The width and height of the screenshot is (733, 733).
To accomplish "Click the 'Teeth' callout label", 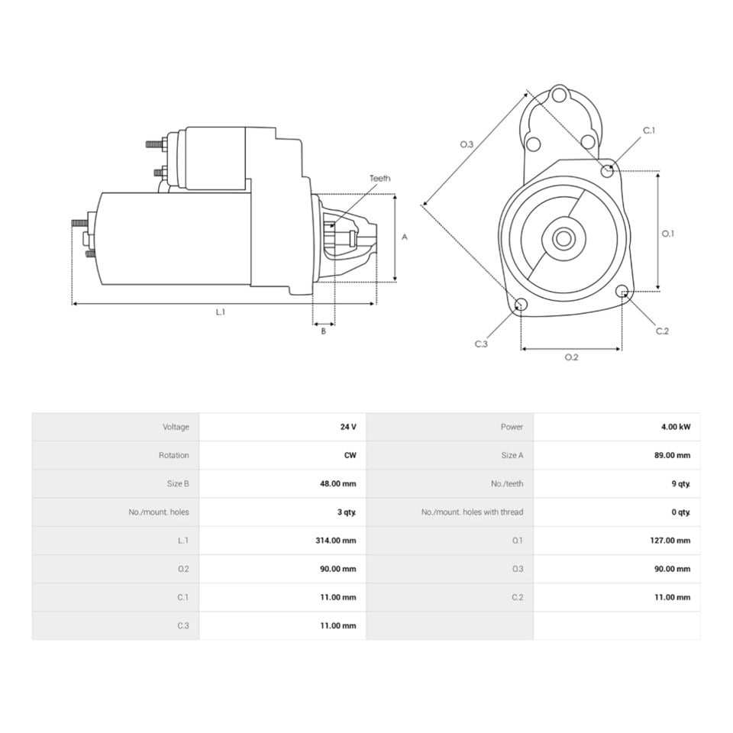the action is pos(379,178).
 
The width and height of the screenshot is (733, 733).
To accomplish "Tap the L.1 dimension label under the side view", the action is pos(220,312).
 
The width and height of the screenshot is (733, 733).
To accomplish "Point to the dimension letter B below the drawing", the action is pos(323,331).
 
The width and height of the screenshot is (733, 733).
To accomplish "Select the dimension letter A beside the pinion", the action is pos(405,237).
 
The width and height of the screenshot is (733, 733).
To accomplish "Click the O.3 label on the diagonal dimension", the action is pos(467,144).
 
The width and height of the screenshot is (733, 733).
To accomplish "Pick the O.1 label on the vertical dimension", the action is pos(668,234).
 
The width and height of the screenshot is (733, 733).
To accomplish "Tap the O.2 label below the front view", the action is pos(571,357).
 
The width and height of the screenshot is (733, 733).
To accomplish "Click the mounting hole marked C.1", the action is pos(607,170).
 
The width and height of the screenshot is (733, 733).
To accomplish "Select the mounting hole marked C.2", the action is pos(622,291).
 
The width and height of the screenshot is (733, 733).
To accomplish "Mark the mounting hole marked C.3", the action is pos(520,305).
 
